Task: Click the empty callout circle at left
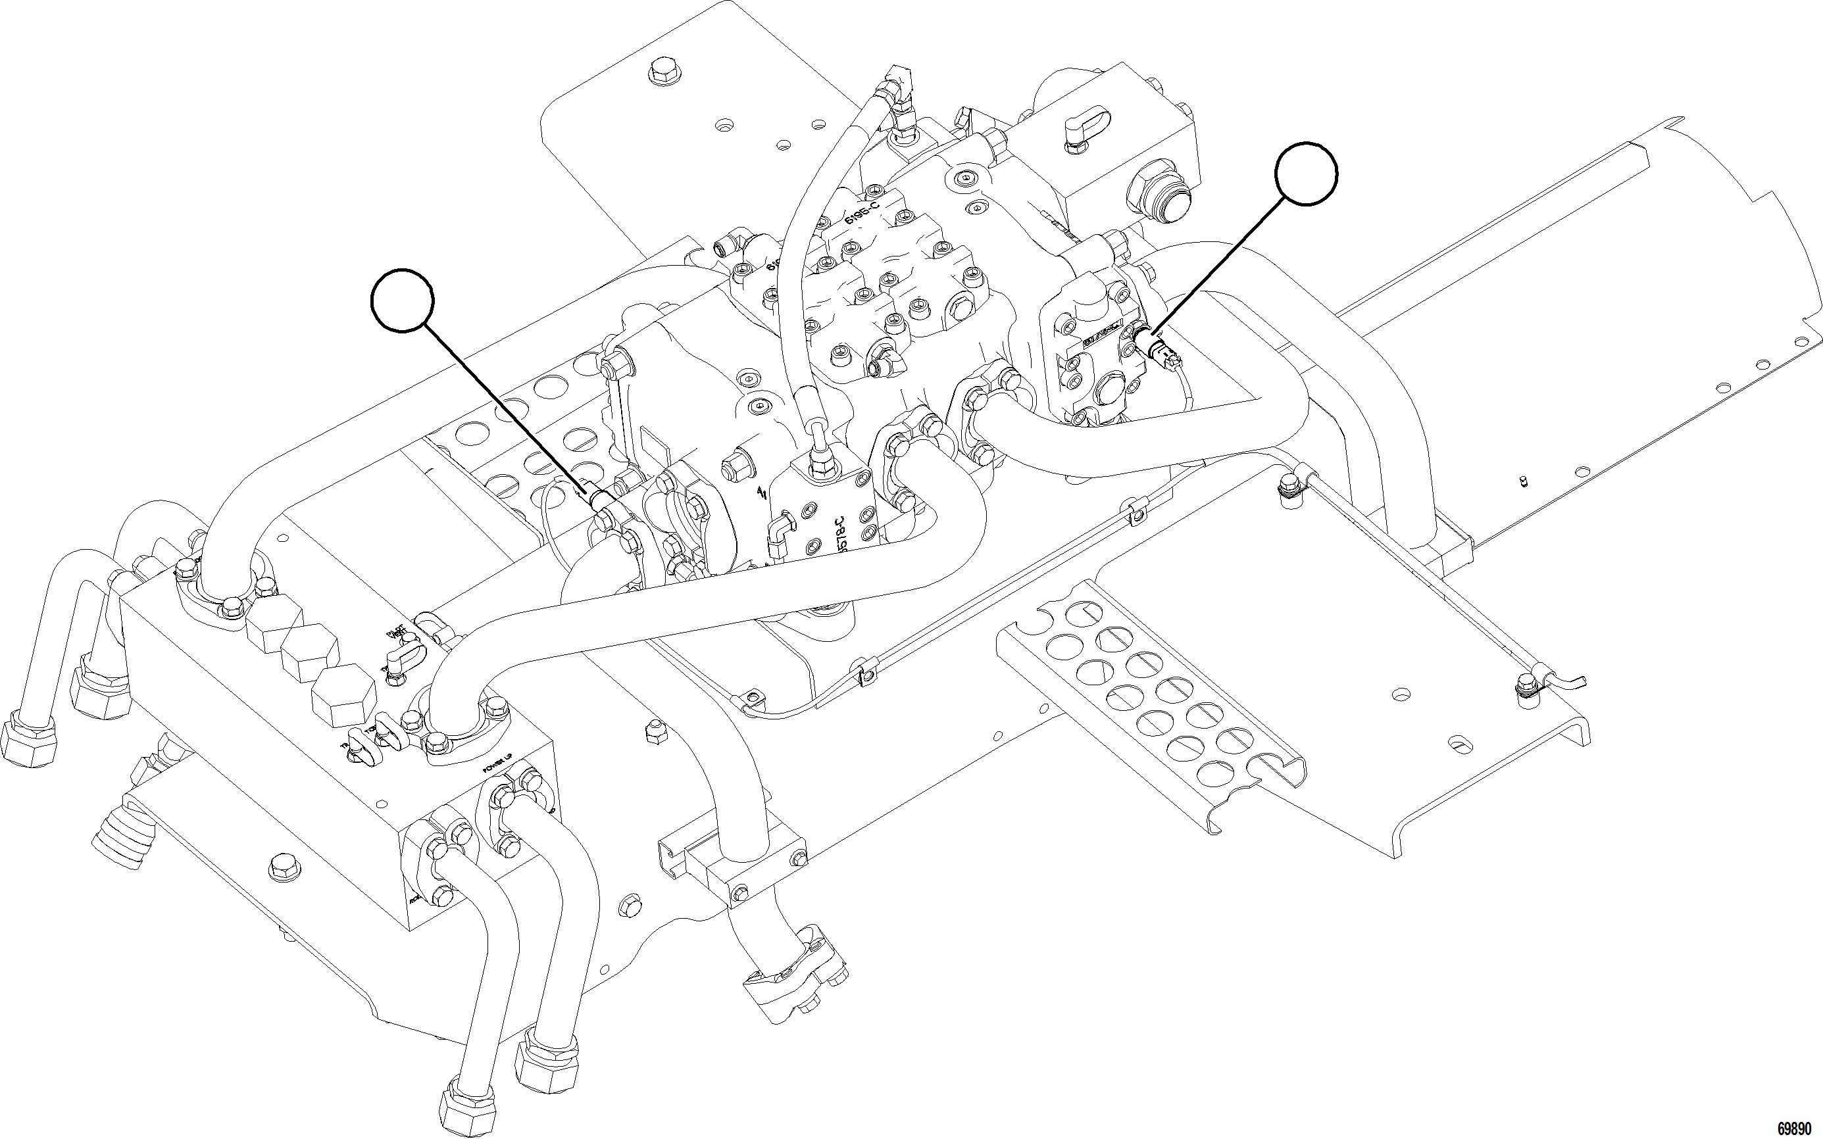point(403,300)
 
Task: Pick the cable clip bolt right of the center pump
point(1290,490)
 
